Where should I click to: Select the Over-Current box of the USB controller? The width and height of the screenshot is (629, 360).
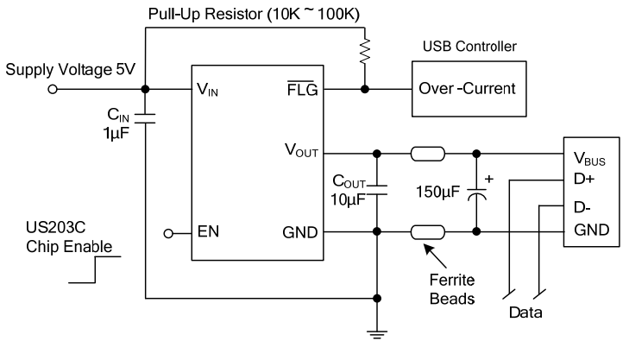point(466,89)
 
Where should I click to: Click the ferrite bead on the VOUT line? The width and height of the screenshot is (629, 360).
point(428,155)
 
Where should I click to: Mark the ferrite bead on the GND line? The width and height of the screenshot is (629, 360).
point(428,232)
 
